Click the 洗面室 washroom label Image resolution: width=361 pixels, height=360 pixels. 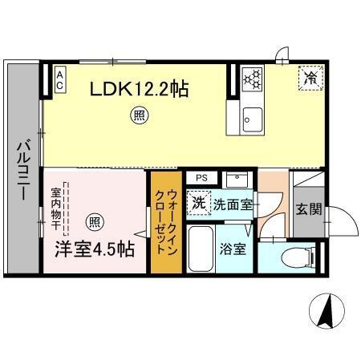click(232, 204)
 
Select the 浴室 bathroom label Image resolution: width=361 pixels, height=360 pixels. click(233, 249)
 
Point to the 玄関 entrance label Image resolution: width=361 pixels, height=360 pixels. click(308, 210)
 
